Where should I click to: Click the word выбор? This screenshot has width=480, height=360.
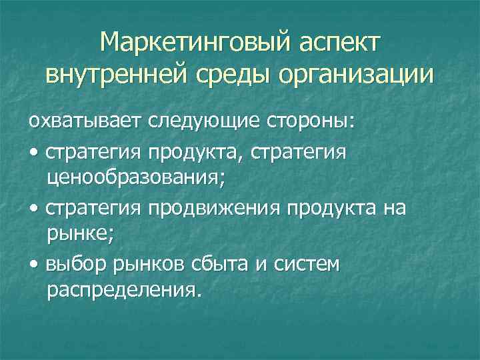coord(71,265)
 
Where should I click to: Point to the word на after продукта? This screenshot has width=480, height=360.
coord(394,209)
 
